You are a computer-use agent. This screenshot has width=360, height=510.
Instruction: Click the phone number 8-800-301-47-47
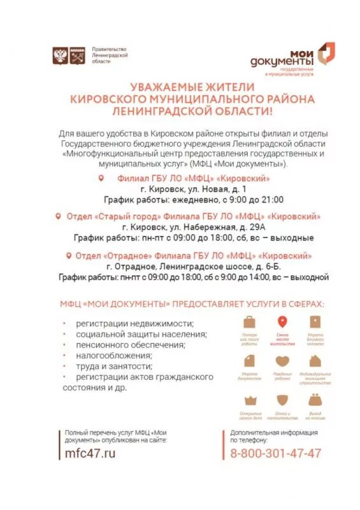coord(275,453)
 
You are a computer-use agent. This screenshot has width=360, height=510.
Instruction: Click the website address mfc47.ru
coord(91,453)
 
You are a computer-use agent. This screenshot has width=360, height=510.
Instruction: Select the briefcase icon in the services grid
coord(248,323)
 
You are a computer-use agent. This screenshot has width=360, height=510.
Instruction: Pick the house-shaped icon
coord(315,361)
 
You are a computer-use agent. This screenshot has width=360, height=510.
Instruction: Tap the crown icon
coord(248,401)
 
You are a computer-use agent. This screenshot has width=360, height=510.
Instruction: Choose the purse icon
coord(315,401)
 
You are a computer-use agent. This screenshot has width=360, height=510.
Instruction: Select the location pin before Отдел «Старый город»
coord(59,216)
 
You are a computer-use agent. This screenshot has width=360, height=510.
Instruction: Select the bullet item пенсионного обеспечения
coord(130,345)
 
